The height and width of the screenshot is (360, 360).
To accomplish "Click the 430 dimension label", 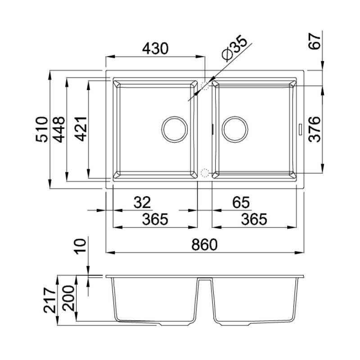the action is (x=155, y=49).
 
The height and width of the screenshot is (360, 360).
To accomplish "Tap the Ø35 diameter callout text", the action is (x=234, y=48).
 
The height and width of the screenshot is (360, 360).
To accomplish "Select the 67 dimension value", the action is (x=315, y=41).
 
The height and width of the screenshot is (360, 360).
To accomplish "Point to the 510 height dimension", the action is (x=42, y=130).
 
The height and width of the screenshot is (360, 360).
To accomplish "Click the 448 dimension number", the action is (x=59, y=130).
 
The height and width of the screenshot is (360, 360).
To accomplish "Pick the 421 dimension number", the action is (x=81, y=129).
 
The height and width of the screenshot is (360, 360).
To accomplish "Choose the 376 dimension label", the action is (x=315, y=130).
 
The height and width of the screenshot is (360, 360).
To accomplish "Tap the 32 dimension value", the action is (x=142, y=202).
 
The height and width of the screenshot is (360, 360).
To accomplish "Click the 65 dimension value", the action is (x=241, y=202).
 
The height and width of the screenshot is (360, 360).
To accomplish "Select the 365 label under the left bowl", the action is (x=155, y=219).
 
